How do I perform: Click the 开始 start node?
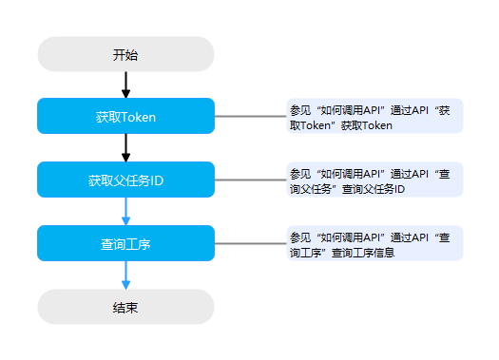(x=125, y=54)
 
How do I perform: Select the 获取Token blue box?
(x=125, y=116)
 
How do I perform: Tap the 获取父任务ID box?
(x=125, y=180)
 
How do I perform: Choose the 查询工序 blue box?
(x=125, y=243)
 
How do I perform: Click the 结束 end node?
(x=125, y=307)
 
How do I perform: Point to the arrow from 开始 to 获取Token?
(x=125, y=85)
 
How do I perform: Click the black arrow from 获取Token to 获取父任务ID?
(x=125, y=148)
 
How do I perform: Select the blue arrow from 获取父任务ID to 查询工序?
(x=125, y=212)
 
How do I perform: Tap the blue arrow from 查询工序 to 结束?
(x=125, y=275)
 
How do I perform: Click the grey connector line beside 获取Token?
(x=251, y=116)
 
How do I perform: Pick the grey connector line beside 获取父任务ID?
(x=251, y=180)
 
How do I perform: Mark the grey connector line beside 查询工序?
(x=251, y=243)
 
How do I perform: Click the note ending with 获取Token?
(x=374, y=116)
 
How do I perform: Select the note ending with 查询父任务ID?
(x=374, y=180)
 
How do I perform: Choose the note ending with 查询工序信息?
(x=374, y=243)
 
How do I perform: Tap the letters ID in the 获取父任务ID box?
(x=157, y=180)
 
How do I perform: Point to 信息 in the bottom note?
(x=384, y=253)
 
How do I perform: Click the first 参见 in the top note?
(x=300, y=111)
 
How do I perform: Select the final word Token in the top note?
(x=377, y=125)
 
